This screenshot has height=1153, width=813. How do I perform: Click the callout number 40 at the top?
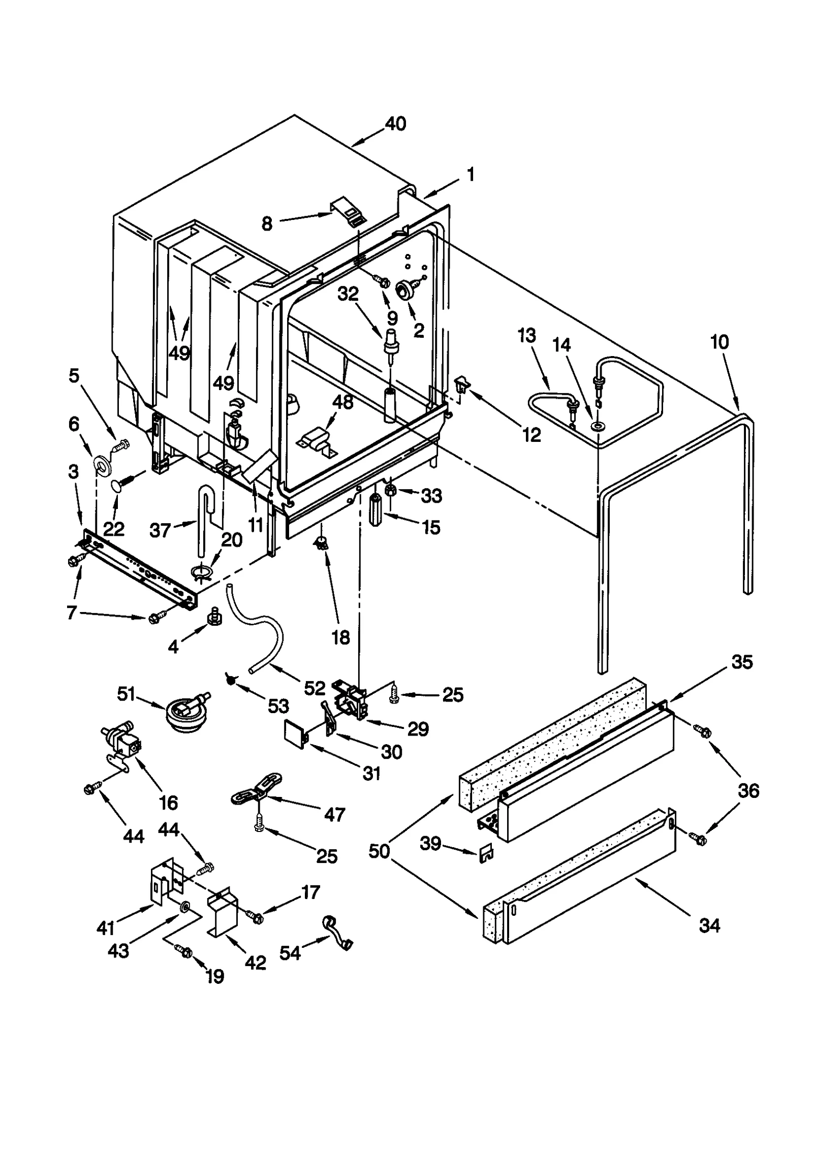point(395,124)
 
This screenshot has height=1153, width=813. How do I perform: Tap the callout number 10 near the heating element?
point(719,342)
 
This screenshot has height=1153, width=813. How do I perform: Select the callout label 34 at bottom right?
point(709,925)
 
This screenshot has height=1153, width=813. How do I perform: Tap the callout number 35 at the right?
point(741,662)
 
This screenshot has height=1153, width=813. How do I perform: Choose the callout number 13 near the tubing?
point(527,336)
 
